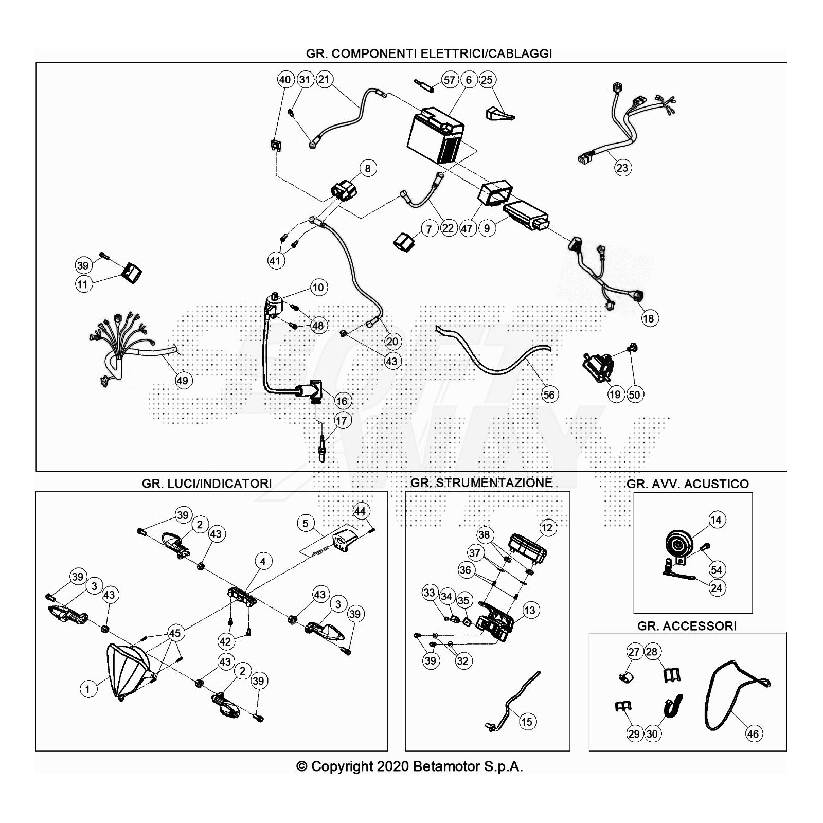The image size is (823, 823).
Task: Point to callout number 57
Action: tap(449, 80)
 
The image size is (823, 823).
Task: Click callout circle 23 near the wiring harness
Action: tap(622, 168)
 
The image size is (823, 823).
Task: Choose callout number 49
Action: tap(183, 381)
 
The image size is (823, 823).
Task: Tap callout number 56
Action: tap(549, 395)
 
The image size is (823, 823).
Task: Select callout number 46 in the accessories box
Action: tap(753, 733)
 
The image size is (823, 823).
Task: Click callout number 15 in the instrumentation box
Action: tap(526, 722)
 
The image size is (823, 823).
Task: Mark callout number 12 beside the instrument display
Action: tap(547, 528)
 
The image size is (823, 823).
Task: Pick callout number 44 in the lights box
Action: tap(360, 511)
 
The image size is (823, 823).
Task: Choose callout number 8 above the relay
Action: tap(368, 168)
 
